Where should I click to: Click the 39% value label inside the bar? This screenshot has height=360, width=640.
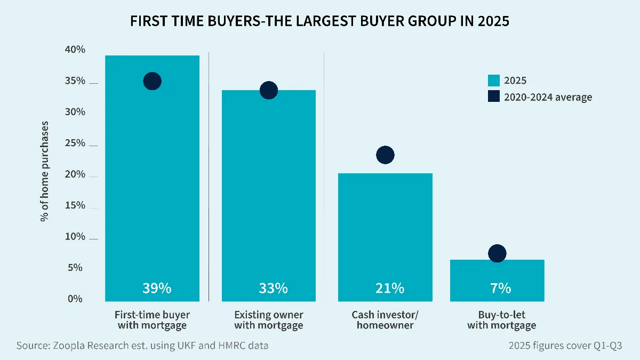click(156, 289)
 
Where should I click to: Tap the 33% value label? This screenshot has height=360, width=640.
click(273, 289)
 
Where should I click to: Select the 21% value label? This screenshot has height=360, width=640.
click(389, 289)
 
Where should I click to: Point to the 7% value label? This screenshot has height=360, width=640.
click(500, 289)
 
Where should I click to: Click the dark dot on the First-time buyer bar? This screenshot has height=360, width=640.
click(152, 81)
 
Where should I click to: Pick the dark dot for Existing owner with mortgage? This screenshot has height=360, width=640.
click(268, 90)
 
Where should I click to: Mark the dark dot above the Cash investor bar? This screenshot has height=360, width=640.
click(385, 155)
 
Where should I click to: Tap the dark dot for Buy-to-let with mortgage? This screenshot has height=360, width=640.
click(497, 253)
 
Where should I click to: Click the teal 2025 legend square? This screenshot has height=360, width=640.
click(494, 81)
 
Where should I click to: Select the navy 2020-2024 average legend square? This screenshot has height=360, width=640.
click(494, 97)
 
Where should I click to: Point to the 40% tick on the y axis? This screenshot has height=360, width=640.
click(75, 50)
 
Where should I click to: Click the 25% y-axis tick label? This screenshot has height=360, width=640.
click(75, 143)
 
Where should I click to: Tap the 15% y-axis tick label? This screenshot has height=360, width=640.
click(75, 206)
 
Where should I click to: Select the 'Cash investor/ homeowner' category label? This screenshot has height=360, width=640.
click(385, 320)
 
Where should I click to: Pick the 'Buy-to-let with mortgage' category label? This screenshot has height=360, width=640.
click(501, 320)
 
